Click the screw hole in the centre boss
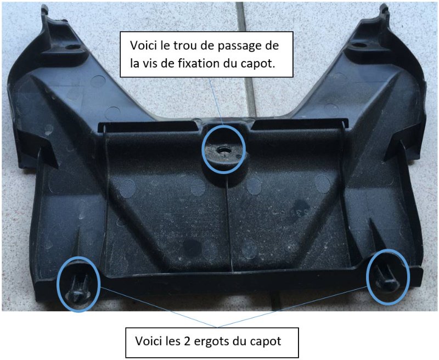coord(223,150)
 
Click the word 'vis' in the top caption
coord(151,64)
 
